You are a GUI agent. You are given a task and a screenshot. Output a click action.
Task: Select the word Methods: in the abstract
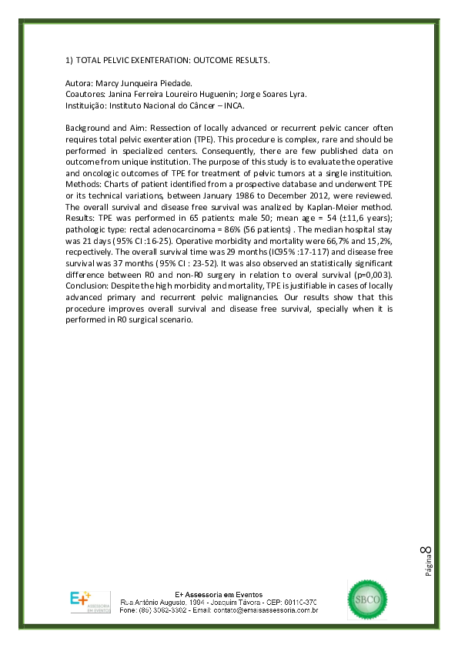(84, 176)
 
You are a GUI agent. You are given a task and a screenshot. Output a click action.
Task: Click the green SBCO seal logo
(368, 599)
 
